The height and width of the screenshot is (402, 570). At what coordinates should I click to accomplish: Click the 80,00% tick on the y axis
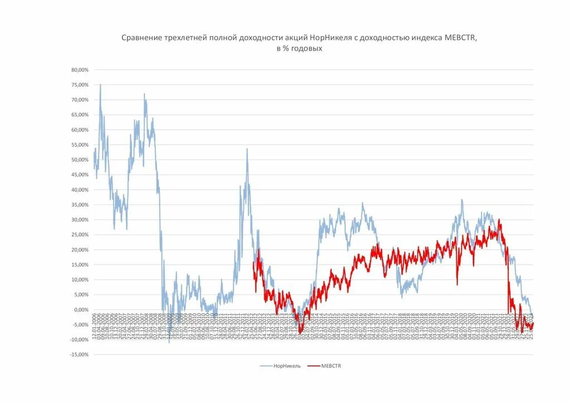(x=80, y=70)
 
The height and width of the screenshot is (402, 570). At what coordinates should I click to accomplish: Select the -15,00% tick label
(x=78, y=355)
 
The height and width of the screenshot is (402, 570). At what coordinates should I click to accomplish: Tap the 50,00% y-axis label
(x=80, y=160)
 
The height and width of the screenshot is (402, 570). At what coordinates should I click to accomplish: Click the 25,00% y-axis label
(x=80, y=235)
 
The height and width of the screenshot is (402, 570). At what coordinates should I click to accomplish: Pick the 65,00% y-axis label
(x=80, y=115)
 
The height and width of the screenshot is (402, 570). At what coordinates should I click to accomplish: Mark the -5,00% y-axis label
(x=80, y=325)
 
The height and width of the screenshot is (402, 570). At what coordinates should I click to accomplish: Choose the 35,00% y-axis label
(x=80, y=205)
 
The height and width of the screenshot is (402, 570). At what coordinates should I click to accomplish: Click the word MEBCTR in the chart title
(x=460, y=38)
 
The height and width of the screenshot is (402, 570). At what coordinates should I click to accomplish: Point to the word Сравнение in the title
(x=141, y=38)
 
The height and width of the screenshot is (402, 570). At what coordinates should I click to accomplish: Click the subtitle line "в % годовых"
(x=299, y=49)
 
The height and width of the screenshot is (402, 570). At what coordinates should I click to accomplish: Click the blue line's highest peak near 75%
(x=100, y=85)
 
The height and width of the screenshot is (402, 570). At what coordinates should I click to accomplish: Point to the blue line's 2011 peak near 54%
(x=247, y=148)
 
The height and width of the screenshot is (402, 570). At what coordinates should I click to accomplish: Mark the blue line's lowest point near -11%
(x=170, y=342)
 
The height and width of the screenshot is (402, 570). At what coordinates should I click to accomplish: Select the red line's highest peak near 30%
(x=499, y=220)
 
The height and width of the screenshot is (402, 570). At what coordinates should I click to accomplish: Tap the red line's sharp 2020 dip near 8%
(x=457, y=285)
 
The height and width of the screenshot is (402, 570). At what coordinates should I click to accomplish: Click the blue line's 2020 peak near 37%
(x=461, y=200)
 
